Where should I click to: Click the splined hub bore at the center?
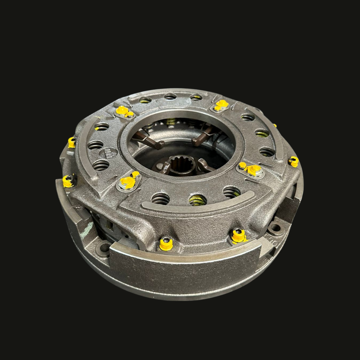coord(182,164)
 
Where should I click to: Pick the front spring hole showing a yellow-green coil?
coord(198,200)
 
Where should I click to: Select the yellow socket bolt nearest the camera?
coord(166,244)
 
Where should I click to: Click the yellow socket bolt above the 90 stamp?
coord(238,236)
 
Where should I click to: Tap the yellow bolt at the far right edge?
coord(294,162)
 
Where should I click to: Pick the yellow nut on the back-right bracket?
coord(221,105)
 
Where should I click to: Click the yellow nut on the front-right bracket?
coord(253,170)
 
